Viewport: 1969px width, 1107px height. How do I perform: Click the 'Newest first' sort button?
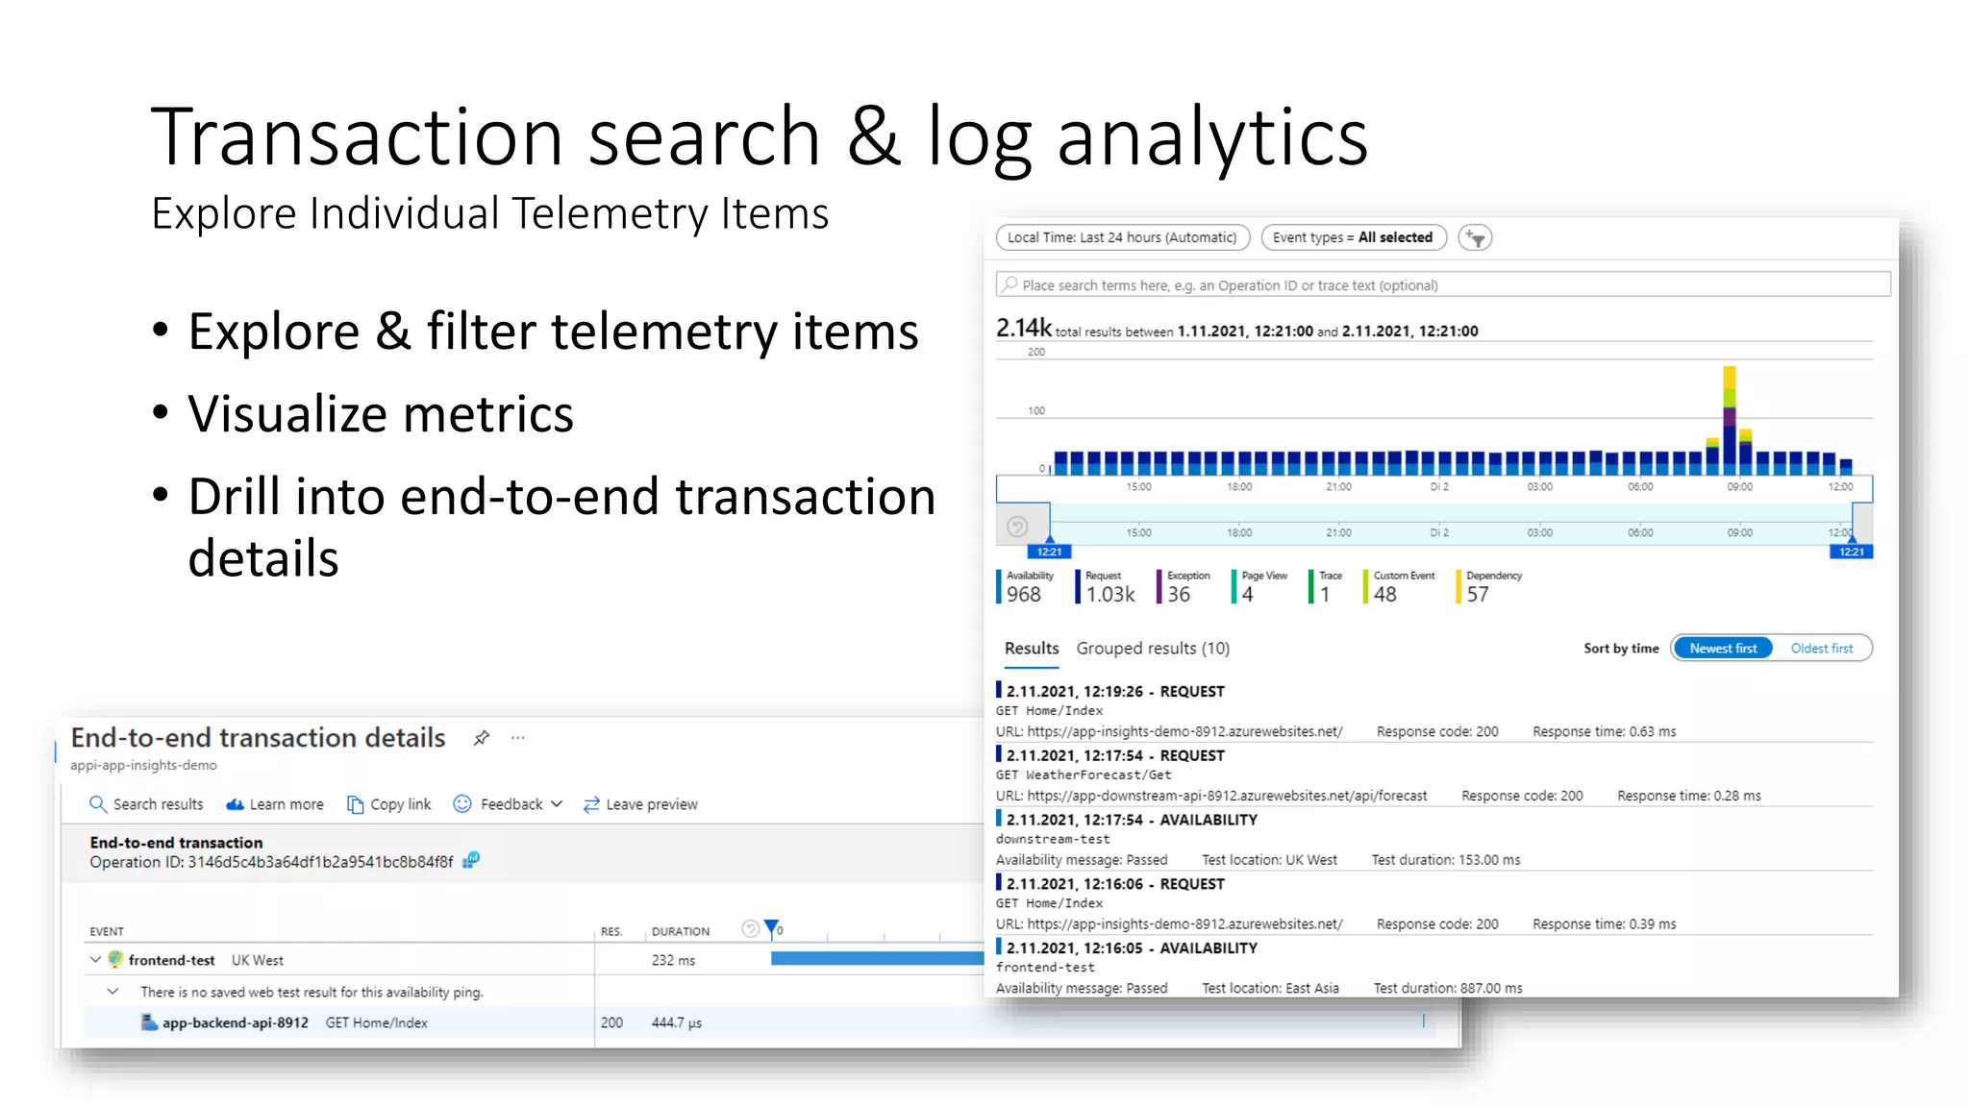coord(1722,649)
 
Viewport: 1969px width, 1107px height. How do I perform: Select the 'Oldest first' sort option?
coord(1821,649)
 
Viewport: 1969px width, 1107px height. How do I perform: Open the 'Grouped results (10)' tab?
coord(1152,649)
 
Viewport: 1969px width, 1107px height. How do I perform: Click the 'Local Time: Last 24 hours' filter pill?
coord(1122,237)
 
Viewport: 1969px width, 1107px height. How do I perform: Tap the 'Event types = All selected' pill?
coord(1353,237)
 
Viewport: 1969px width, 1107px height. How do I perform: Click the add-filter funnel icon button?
coord(1475,237)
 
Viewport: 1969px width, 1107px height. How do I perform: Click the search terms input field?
coord(1442,285)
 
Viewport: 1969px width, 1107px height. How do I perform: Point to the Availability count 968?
coord(1024,595)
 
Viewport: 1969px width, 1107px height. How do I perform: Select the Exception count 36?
coord(1179,595)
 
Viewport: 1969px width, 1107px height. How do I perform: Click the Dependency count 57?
coord(1478,595)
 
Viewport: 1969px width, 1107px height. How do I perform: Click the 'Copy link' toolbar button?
coord(389,804)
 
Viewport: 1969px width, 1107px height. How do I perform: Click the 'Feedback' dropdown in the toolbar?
coord(509,804)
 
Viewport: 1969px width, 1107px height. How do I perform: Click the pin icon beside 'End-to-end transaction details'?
coord(482,738)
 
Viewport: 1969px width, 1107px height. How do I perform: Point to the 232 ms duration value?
coord(673,960)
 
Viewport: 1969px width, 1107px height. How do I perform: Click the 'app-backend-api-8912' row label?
coord(235,1022)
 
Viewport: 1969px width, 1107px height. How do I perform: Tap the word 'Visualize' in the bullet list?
coord(288,415)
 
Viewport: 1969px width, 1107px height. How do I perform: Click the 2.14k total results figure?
coord(1023,329)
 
